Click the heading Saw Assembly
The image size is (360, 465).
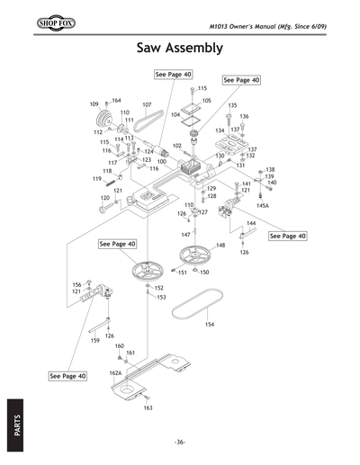point(180,47)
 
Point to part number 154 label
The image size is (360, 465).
point(210,325)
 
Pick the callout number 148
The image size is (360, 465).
point(220,245)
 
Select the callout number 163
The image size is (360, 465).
point(148,408)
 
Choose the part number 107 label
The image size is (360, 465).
point(147,105)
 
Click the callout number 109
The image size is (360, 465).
point(94,104)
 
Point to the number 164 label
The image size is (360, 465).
point(116,101)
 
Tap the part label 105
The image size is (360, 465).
point(206,101)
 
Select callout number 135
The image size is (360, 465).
point(232,106)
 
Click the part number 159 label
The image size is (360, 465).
point(94,342)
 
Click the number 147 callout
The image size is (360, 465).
point(185,234)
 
